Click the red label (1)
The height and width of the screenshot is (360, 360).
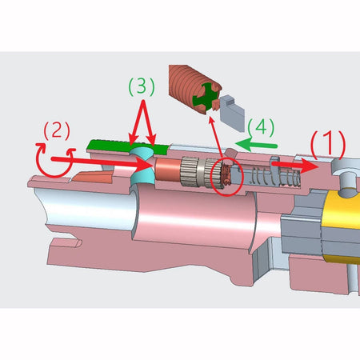pos(328,142)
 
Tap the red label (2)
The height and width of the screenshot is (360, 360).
pos(57,130)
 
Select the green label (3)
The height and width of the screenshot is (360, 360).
pos(142,86)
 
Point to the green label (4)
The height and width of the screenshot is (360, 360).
pos(261,127)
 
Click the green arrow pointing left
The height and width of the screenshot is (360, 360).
pos(257,145)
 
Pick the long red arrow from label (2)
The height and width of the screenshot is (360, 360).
pos(102,162)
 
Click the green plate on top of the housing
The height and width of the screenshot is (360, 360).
pos(128,146)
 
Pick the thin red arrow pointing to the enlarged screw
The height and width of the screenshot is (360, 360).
pos(216,137)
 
